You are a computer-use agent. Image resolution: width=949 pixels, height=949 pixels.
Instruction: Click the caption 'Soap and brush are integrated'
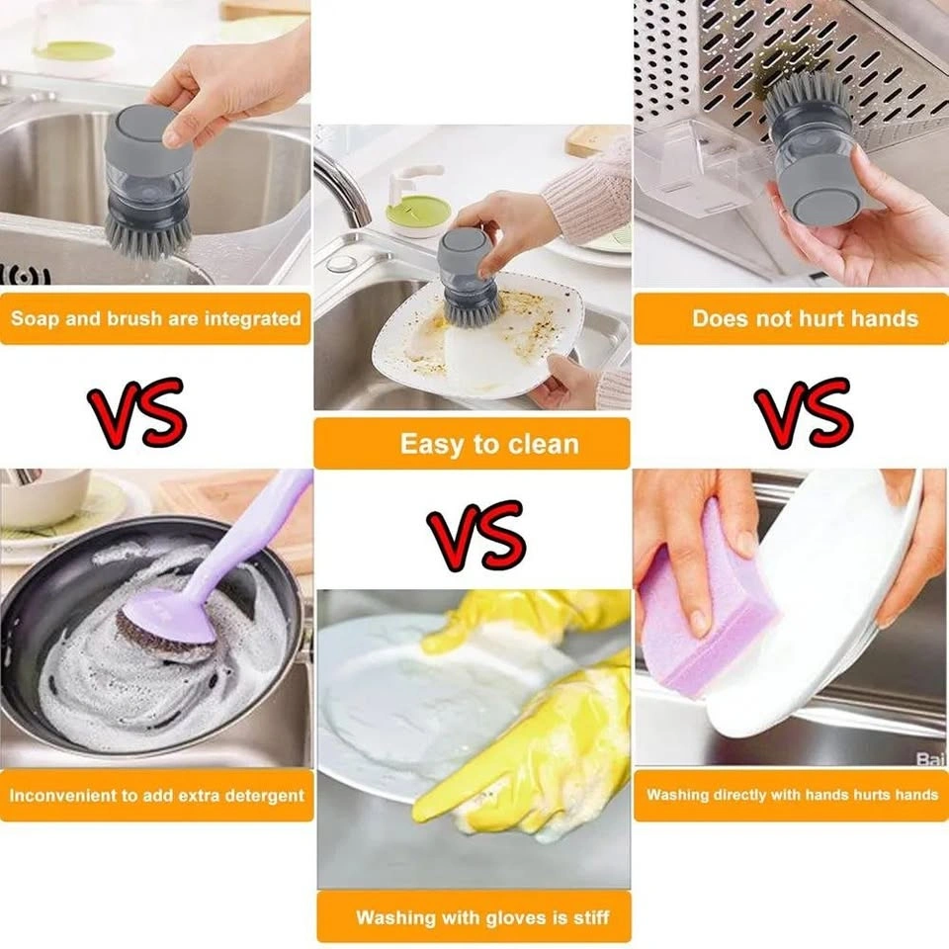155,318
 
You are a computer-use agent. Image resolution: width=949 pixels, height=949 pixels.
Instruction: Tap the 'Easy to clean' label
489,444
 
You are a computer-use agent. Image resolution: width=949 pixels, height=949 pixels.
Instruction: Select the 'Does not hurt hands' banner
805,318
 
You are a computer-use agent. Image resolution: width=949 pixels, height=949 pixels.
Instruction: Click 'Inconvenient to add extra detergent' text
157,795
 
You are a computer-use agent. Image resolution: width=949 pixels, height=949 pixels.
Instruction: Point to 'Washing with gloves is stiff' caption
482,917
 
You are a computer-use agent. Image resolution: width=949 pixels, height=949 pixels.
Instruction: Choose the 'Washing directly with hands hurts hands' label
792,794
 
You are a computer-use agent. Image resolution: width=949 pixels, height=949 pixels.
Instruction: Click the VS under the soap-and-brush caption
136,412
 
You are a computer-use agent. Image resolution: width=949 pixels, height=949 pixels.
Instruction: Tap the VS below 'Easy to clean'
476,536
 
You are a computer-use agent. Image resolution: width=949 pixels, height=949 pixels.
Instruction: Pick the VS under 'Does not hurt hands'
804,412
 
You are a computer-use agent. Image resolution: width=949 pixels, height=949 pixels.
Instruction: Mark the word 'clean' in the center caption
544,444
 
